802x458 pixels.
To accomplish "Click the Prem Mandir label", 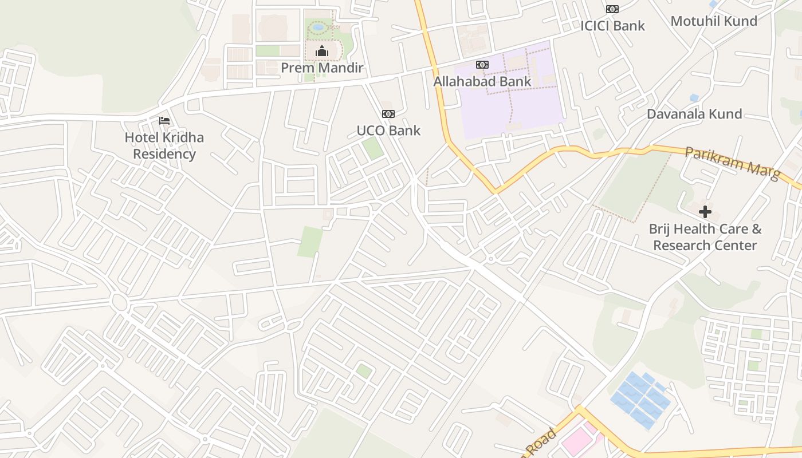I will click(322, 68).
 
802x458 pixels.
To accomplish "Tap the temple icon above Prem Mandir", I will click(322, 51).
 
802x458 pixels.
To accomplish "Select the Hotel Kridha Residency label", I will click(164, 145).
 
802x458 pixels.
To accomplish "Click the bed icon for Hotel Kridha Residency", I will click(164, 121).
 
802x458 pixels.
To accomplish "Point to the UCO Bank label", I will click(388, 131).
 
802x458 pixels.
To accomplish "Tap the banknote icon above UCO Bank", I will click(388, 114).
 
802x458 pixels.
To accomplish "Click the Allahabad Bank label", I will click(482, 81).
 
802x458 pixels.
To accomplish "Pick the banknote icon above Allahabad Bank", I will click(482, 65).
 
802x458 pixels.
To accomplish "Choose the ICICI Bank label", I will click(612, 26).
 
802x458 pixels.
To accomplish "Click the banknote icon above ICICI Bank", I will click(612, 9).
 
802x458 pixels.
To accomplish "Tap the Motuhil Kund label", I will click(714, 21).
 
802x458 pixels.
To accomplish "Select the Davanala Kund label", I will click(694, 113).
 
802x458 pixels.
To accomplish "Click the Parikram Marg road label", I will click(733, 163).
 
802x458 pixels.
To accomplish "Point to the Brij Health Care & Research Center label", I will click(705, 237).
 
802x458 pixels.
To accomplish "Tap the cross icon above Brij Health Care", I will click(705, 212).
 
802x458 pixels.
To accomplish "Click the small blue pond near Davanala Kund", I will click(694, 98).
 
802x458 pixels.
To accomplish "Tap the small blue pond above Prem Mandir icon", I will click(318, 27).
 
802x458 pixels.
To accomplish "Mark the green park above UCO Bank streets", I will click(373, 148).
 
